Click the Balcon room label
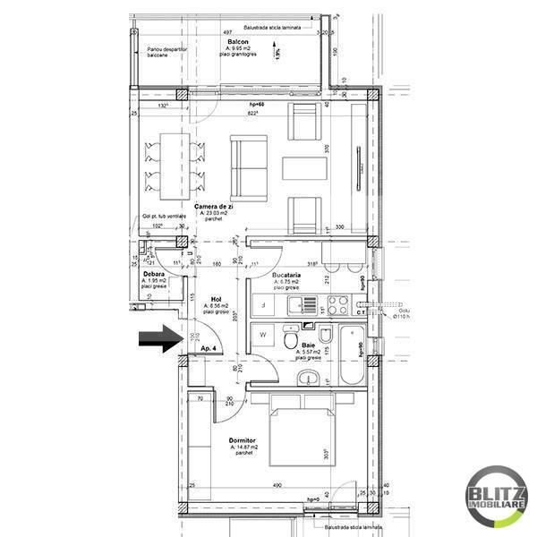click(237, 42)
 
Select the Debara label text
click(153, 274)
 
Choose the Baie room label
click(308, 345)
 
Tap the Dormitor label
click(243, 441)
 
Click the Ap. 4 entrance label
click(209, 347)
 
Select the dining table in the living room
click(166, 166)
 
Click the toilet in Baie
click(291, 340)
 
